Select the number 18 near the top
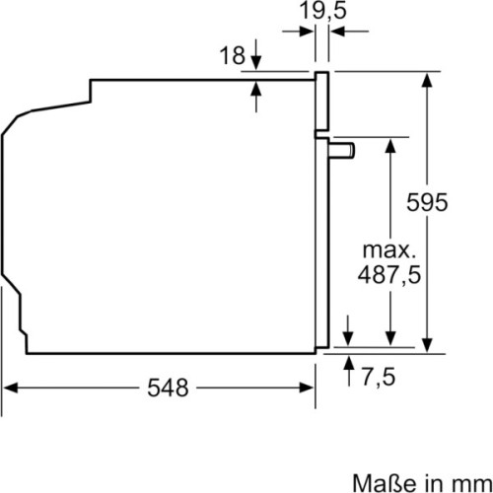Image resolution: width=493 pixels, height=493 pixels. [x=231, y=57]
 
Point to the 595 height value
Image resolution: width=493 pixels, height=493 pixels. [x=428, y=202]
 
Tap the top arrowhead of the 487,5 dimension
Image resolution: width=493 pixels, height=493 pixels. [x=389, y=143]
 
